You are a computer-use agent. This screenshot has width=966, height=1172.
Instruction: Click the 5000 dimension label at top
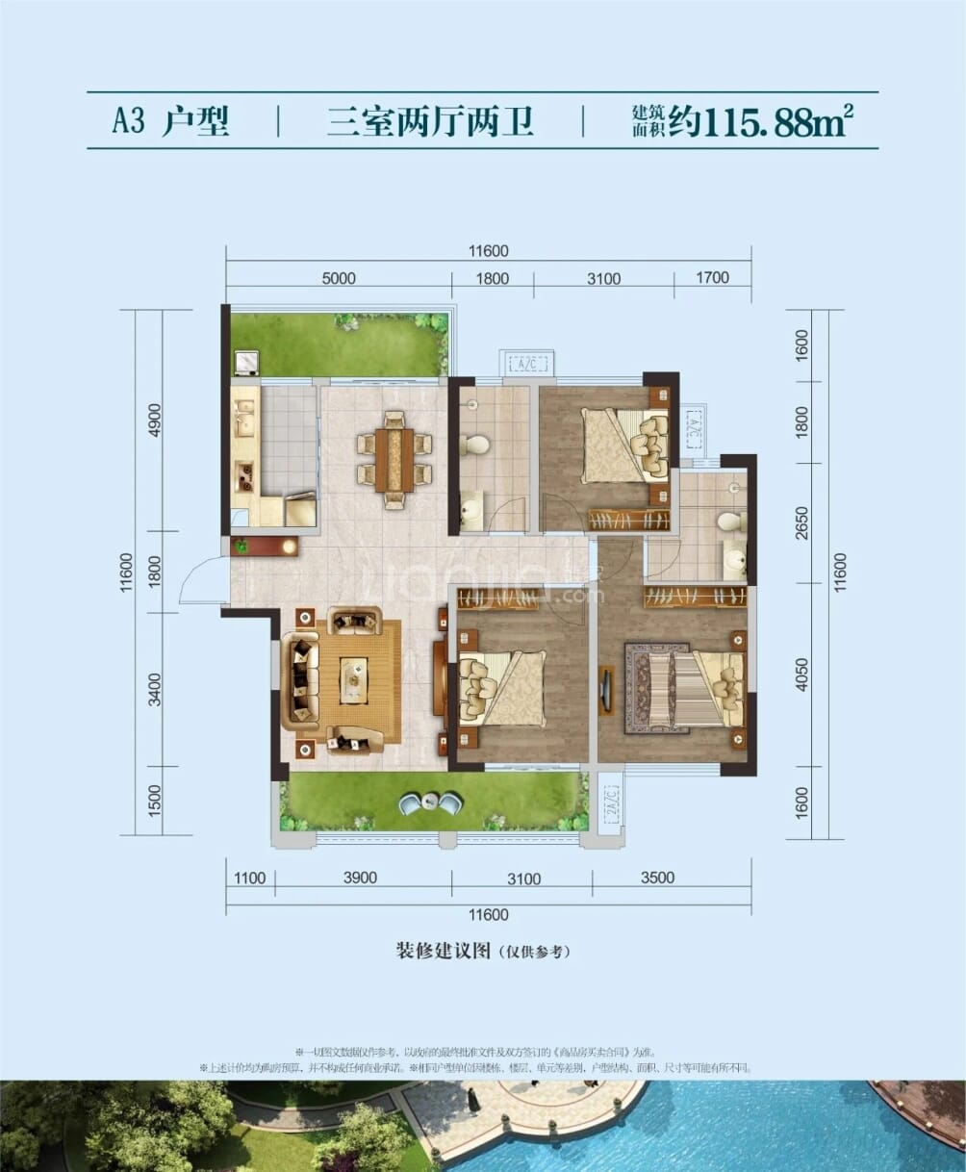339,279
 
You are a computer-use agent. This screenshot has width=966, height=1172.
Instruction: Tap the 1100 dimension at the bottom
249,877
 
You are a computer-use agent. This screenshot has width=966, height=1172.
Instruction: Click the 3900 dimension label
362,877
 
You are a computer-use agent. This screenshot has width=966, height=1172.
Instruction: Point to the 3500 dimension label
657,877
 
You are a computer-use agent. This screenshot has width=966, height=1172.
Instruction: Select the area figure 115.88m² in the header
780,122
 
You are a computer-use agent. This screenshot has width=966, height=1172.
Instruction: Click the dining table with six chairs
394,458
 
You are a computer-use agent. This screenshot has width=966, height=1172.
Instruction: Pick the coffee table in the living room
353,680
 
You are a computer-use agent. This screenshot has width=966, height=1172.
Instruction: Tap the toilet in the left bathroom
475,444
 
